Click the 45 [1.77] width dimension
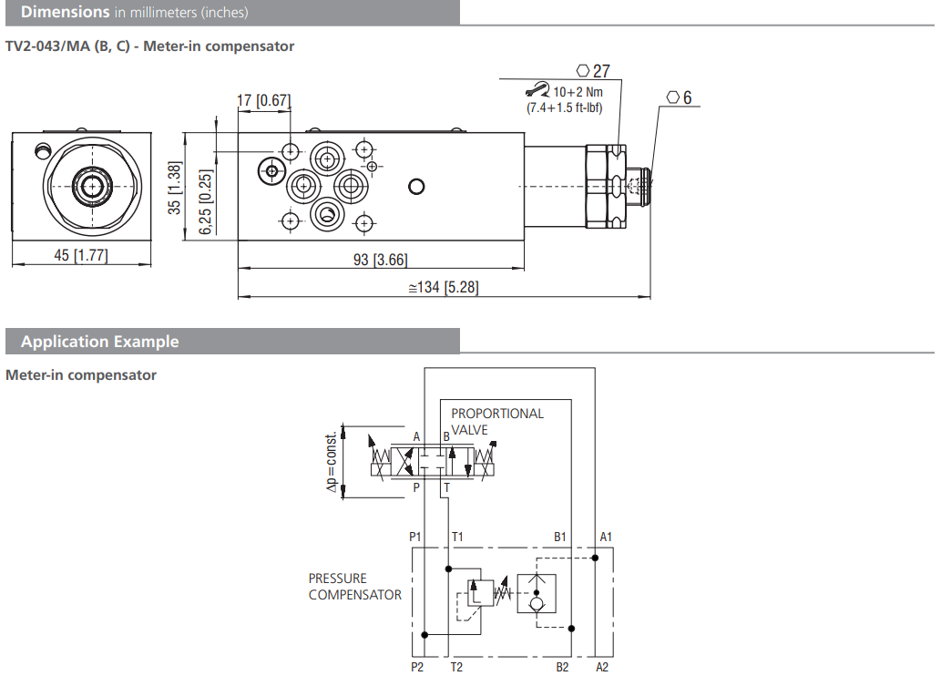point(80,255)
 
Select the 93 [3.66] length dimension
point(380,260)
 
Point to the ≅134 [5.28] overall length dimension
point(443,288)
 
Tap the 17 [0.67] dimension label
point(263,100)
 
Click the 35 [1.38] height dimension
point(177,188)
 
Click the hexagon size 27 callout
point(593,71)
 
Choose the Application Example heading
point(100,342)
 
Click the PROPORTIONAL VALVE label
point(496,421)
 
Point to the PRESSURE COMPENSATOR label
point(354,587)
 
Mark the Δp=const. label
point(332,462)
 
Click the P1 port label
point(415,537)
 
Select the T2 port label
point(457,668)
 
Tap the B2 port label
point(562,668)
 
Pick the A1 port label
point(605,537)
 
